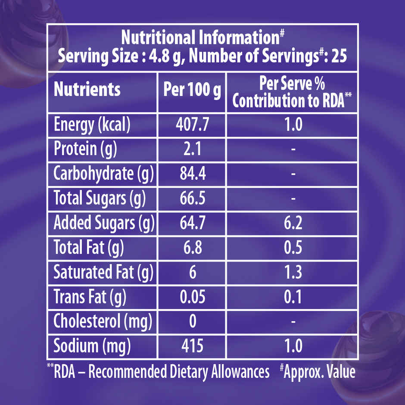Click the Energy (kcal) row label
[91, 125]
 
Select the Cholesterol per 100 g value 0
[192, 321]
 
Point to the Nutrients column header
[87, 90]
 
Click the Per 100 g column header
[192, 90]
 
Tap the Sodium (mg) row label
[91, 346]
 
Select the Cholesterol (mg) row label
[103, 321]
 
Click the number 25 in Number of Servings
[339, 56]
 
